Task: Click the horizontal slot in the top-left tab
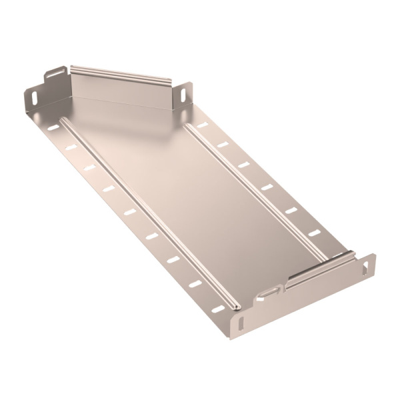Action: pos(56,71)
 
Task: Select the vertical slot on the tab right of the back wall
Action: pos(182,94)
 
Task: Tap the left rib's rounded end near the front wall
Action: pos(235,306)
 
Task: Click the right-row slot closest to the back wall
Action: pos(201,125)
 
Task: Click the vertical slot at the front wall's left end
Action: pos(241,323)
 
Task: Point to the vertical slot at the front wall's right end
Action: pos(365,265)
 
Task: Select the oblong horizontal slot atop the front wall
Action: pos(270,292)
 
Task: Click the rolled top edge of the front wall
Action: pos(320,265)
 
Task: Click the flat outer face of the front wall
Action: pos(307,293)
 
